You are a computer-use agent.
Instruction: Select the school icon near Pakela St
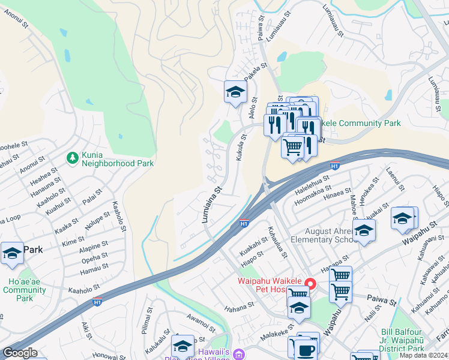(235, 92)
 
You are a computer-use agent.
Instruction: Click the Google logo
(20, 353)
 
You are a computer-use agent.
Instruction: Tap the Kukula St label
(243, 146)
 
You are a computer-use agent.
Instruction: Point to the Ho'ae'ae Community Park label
(24, 290)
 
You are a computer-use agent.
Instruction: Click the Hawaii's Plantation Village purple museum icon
(240, 355)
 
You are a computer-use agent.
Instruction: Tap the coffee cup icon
(305, 347)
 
